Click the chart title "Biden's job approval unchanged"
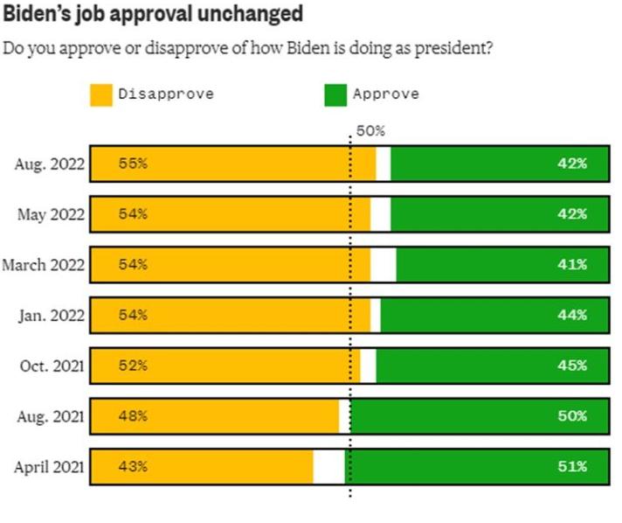coord(153,14)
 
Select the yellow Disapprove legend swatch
coord(100,94)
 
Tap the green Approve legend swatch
coord(335,94)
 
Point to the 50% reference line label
coord(370,131)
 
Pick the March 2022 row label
coord(44,265)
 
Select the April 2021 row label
coord(49,467)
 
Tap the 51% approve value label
coord(571,467)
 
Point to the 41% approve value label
coord(571,265)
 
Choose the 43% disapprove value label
coord(133,467)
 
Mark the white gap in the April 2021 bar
coord(329,467)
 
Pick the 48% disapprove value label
coord(133,416)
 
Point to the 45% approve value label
coord(571,366)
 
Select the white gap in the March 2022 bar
coord(384,265)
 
